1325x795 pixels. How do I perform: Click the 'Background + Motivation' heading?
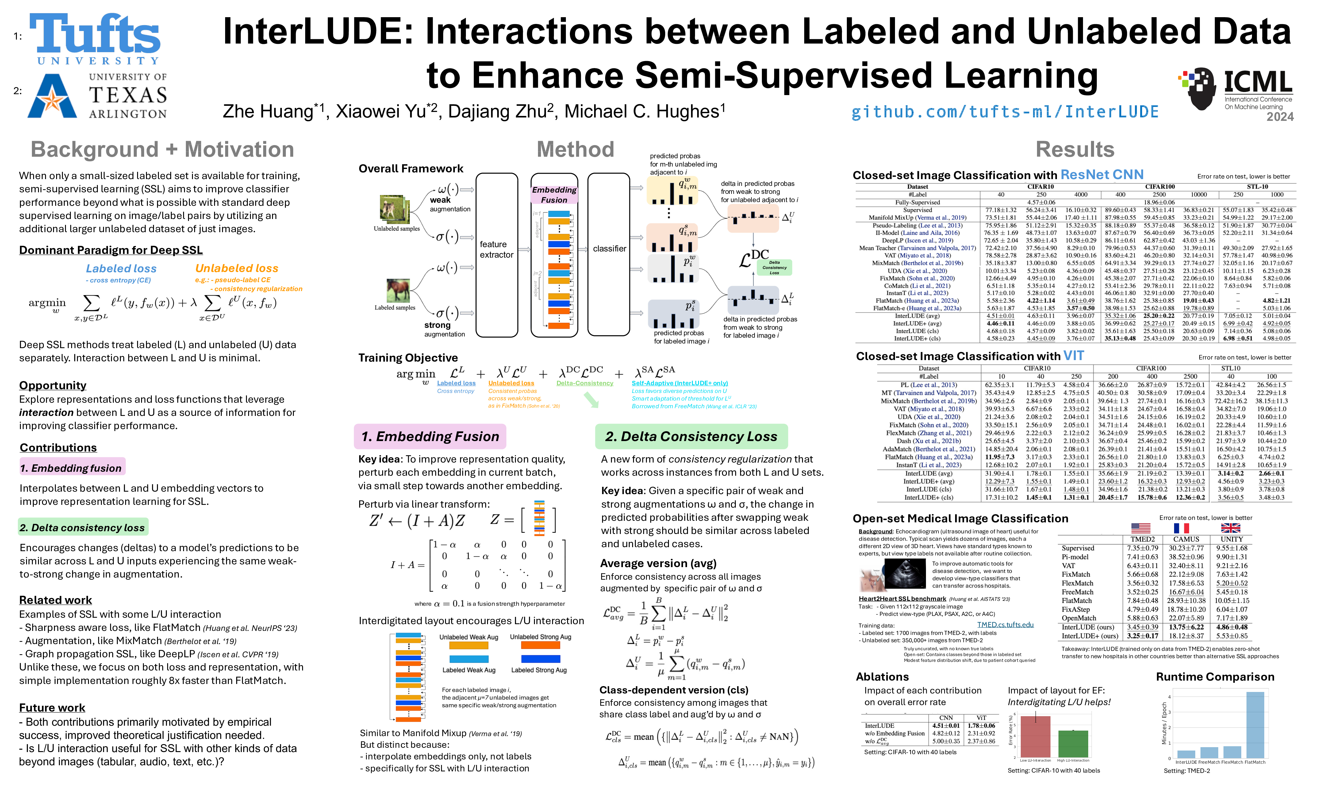162,149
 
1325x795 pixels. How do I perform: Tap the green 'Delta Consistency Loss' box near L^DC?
774,267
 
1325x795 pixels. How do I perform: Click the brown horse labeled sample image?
398,291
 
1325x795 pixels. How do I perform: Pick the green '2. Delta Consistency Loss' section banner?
691,437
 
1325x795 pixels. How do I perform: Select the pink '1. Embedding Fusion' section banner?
430,437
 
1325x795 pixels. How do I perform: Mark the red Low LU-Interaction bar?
1035,737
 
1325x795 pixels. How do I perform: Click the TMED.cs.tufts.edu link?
1005,625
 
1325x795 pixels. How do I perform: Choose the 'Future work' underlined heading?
52,708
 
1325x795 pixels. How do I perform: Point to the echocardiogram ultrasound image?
904,574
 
